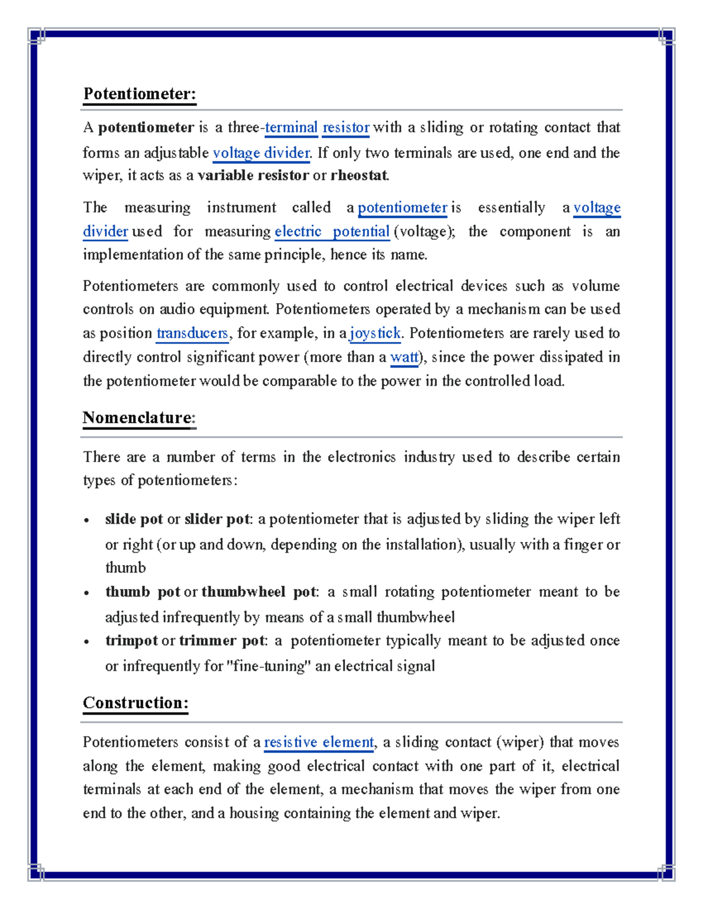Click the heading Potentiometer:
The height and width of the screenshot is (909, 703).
[139, 94]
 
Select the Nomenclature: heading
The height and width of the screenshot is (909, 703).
[139, 418]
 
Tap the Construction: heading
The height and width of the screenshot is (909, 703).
[135, 703]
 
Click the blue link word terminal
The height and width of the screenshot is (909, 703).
[291, 128]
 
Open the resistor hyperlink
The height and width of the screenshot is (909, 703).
[346, 128]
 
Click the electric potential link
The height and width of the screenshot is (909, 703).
[332, 232]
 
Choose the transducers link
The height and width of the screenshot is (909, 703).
[192, 334]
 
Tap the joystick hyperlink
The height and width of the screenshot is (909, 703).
[375, 334]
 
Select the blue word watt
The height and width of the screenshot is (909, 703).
[404, 358]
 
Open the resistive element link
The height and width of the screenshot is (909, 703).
[319, 743]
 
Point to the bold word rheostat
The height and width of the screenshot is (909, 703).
[359, 176]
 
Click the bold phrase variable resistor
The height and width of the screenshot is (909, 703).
[253, 176]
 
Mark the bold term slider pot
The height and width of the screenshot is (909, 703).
[217, 520]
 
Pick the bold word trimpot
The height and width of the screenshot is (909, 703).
[131, 641]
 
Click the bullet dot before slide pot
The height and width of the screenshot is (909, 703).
[87, 520]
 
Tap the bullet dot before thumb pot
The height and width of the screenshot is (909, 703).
[87, 593]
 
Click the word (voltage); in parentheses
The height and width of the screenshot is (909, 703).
[424, 232]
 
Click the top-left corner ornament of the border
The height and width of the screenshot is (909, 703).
[36, 36]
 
